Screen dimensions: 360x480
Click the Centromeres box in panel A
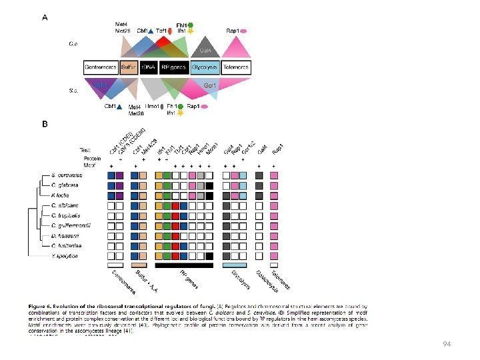[101, 67]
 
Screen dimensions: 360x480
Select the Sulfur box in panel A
[129, 67]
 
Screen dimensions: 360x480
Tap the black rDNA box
[149, 67]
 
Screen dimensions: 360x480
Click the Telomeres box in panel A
[235, 67]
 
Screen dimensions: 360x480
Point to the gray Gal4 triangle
[206, 51]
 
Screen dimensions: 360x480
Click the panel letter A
[45, 18]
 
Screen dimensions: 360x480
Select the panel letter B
[45, 124]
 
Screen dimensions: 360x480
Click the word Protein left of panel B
[92, 159]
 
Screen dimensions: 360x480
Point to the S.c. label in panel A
[75, 91]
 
